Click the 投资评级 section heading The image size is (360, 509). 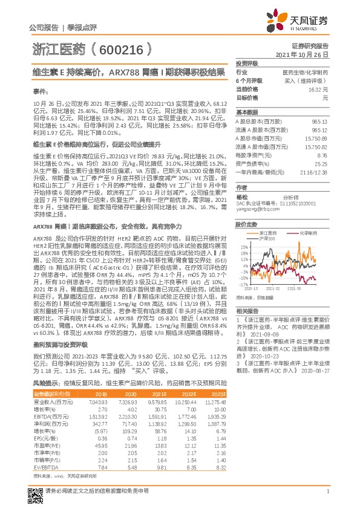(x=247, y=63)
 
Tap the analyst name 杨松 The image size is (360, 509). (x=243, y=196)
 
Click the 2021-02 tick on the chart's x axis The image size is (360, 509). (x=272, y=289)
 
